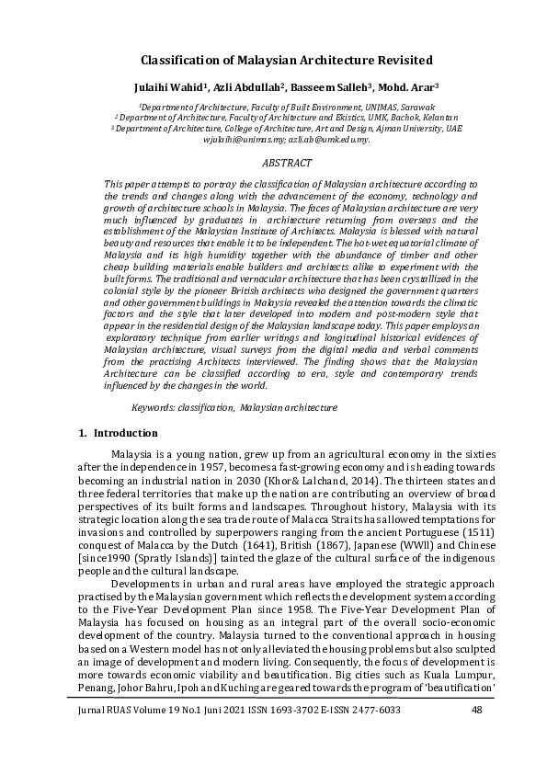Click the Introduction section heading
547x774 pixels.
126,433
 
